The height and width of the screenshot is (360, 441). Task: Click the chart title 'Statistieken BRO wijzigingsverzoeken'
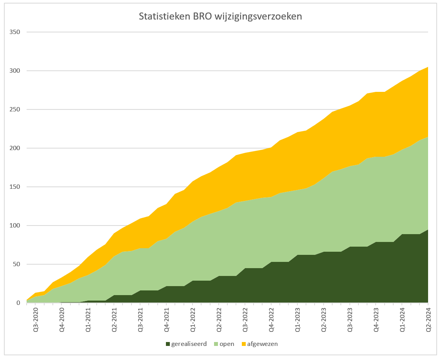[x=221, y=17]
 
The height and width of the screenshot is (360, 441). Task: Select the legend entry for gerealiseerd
[x=189, y=344]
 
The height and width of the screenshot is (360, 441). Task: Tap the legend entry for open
[x=227, y=344]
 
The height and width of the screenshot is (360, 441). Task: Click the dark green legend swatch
[x=168, y=344]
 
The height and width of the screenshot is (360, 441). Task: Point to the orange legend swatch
[x=244, y=344]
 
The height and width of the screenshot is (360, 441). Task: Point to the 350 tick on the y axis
[x=15, y=32]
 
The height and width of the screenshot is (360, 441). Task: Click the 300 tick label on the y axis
[x=15, y=71]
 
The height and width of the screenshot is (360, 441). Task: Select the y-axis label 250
[x=15, y=109]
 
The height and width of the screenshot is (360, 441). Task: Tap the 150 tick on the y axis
[x=15, y=187]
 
